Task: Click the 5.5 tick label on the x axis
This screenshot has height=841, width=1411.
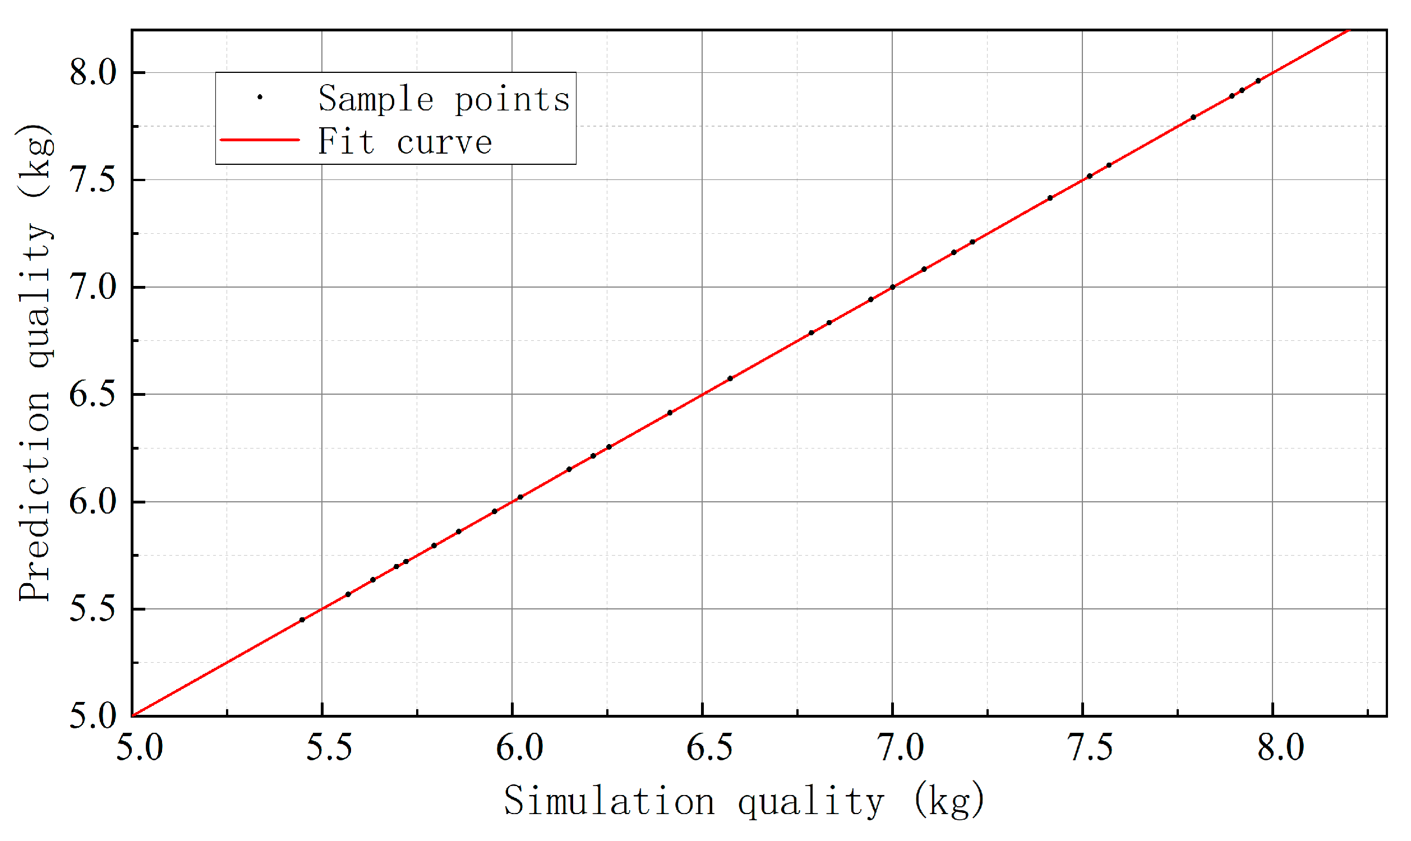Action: point(329,748)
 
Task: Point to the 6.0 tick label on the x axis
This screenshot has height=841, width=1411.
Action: point(519,748)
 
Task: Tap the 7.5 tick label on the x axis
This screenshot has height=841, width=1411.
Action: point(1090,748)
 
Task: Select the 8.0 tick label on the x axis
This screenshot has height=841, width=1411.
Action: point(1280,748)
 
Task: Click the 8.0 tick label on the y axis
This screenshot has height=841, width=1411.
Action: point(93,73)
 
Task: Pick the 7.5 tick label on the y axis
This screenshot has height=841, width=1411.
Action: point(93,180)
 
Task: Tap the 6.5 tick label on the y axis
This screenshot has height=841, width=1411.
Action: point(93,395)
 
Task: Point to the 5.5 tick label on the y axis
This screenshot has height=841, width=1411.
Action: point(93,609)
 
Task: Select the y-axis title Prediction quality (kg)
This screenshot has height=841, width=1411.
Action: point(35,363)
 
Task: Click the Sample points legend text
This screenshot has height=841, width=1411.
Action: point(444,99)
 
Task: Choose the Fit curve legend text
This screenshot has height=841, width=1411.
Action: point(404,141)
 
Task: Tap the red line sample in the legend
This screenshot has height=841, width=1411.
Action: point(260,140)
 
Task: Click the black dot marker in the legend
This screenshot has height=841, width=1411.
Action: point(260,98)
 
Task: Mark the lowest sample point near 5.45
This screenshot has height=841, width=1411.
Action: point(302,620)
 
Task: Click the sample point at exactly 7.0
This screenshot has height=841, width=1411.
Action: point(892,287)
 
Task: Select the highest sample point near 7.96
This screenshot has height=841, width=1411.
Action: point(1258,81)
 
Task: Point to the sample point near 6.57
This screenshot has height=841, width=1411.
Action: point(730,378)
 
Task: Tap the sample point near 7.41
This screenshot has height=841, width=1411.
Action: point(1050,198)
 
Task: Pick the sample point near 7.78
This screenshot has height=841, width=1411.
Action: point(1193,117)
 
